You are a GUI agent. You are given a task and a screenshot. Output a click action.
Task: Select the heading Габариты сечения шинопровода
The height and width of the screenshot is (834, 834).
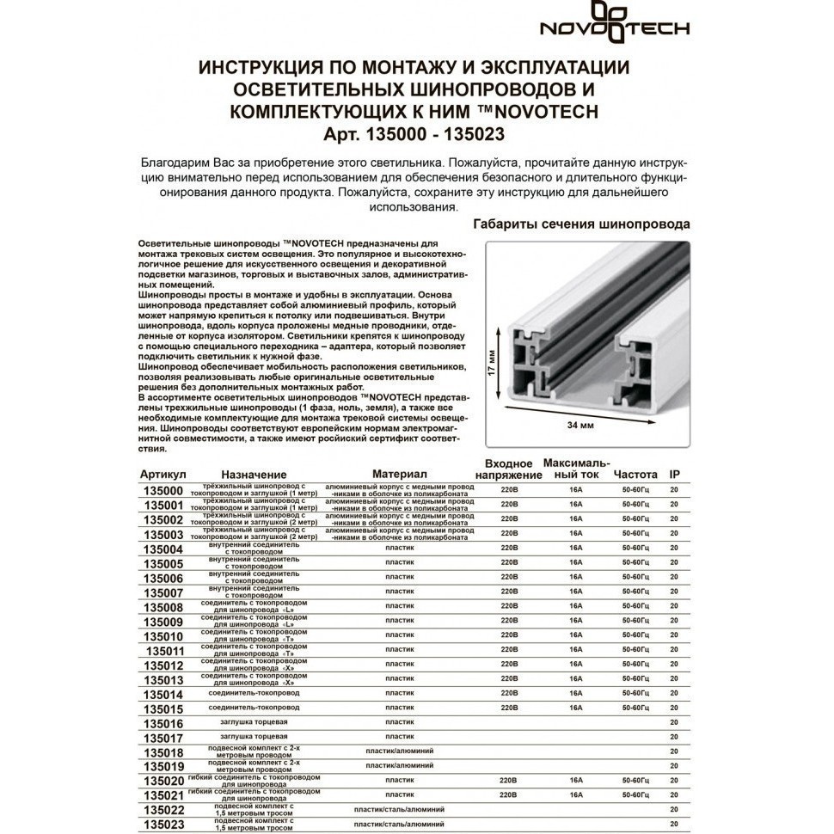point(582,224)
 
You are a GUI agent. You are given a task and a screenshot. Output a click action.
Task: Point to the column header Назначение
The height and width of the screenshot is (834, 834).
point(254,475)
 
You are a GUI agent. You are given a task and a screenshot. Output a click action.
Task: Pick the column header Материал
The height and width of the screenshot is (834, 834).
point(399,475)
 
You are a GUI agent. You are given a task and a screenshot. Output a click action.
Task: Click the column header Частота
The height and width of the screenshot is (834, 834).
point(635,475)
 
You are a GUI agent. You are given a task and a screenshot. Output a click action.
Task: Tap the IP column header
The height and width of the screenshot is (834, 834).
point(675,475)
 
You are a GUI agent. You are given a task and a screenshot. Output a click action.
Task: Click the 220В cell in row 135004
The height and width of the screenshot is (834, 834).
point(508,548)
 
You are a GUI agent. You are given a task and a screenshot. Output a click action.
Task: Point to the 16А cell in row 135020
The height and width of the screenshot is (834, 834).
point(575,781)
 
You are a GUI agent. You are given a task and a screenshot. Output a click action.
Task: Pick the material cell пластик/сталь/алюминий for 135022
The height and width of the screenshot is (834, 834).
point(399,810)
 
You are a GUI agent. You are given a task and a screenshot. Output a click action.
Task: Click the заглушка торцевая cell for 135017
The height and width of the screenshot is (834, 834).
point(254,737)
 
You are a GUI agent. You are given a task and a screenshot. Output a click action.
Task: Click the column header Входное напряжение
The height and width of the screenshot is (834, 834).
point(509,469)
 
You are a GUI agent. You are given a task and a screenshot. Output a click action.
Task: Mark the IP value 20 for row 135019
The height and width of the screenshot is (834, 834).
point(674,765)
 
